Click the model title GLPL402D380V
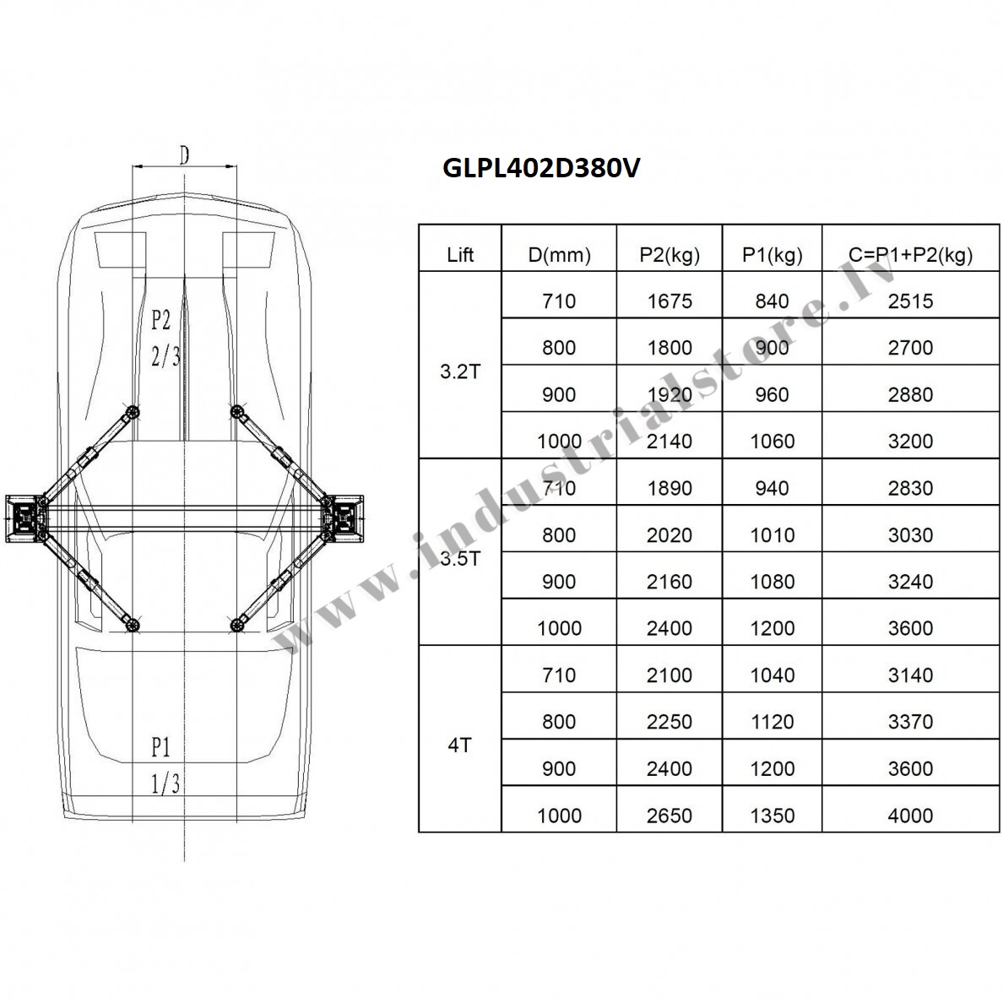(541, 168)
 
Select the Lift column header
(460, 255)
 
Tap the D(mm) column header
(559, 255)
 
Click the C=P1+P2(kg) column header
(910, 255)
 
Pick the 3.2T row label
(459, 371)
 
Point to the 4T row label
(459, 745)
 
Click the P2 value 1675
(670, 301)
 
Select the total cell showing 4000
(910, 816)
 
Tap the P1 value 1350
(772, 816)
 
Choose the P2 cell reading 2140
(670, 442)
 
